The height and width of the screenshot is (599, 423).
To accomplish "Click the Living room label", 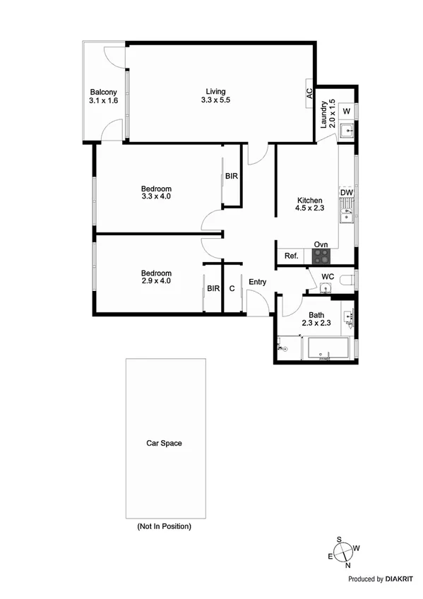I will [x=215, y=90].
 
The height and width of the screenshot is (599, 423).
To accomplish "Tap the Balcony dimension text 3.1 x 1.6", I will [x=103, y=102].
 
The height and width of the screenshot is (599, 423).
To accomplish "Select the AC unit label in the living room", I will [x=309, y=93].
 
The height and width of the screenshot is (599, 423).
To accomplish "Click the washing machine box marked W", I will [x=346, y=112].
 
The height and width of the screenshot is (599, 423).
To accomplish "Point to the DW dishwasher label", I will [x=346, y=192].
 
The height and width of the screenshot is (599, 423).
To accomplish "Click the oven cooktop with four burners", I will [x=321, y=256].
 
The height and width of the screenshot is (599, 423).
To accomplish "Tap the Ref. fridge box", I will [x=290, y=256].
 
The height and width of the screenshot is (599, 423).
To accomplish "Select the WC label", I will [x=328, y=276].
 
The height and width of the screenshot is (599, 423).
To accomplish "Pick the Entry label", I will [x=257, y=283].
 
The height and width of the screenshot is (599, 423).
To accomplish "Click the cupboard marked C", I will [x=232, y=289].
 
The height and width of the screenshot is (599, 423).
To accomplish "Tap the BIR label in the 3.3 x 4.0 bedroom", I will [x=232, y=176].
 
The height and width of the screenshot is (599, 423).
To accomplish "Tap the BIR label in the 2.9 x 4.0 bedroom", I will [x=213, y=289].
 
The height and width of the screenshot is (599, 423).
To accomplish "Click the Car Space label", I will [x=164, y=444].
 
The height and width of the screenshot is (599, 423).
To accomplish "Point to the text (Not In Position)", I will [x=164, y=526].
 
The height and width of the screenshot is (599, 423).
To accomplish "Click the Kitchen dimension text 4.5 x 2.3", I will [x=309, y=208].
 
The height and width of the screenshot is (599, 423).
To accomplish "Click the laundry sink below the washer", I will [x=346, y=131].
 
